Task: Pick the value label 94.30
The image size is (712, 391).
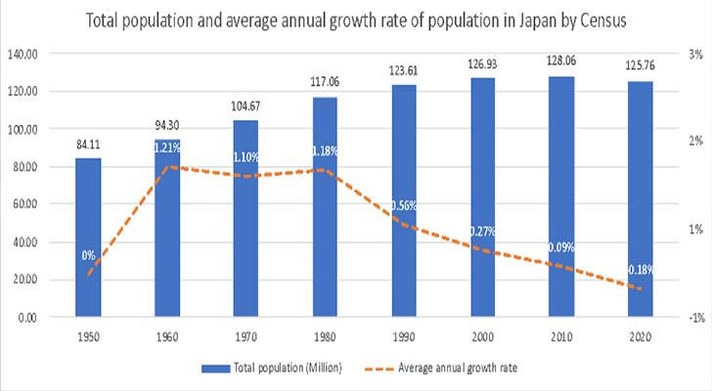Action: [168, 125]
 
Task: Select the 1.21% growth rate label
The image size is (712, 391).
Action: [166, 148]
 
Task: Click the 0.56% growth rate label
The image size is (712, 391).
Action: [402, 205]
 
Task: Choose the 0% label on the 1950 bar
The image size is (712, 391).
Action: [88, 255]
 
